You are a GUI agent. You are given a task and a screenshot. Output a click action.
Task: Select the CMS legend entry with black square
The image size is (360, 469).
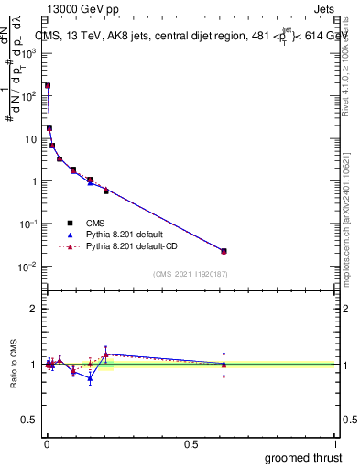[70, 222]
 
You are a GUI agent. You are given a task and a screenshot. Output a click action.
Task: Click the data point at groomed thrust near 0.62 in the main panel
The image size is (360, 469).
[224, 251]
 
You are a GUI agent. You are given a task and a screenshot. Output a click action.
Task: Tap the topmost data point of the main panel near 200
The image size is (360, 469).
[47, 85]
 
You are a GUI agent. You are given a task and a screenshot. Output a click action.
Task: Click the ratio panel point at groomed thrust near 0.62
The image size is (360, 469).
[224, 365]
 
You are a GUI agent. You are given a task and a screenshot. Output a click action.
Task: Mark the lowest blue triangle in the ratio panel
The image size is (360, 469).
[90, 378]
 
